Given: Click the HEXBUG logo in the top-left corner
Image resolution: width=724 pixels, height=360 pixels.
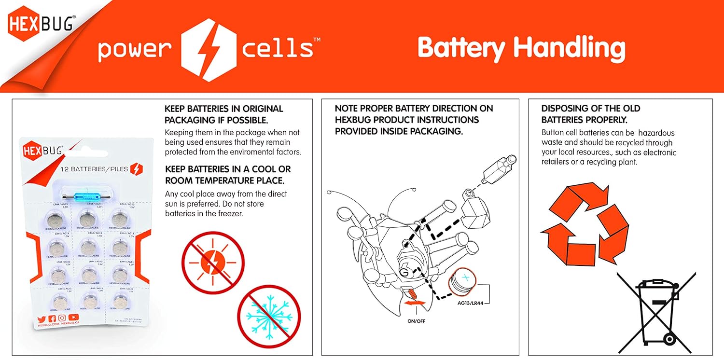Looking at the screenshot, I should click(41, 25).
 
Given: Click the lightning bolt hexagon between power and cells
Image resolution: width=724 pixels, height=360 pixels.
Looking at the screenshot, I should click(208, 50).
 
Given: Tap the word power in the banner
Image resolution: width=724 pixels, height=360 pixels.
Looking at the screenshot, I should click(135, 50).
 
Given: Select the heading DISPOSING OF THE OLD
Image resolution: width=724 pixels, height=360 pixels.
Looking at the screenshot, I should click(590, 109).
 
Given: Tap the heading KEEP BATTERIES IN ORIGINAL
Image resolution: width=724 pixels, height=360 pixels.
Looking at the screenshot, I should click(223, 109).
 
